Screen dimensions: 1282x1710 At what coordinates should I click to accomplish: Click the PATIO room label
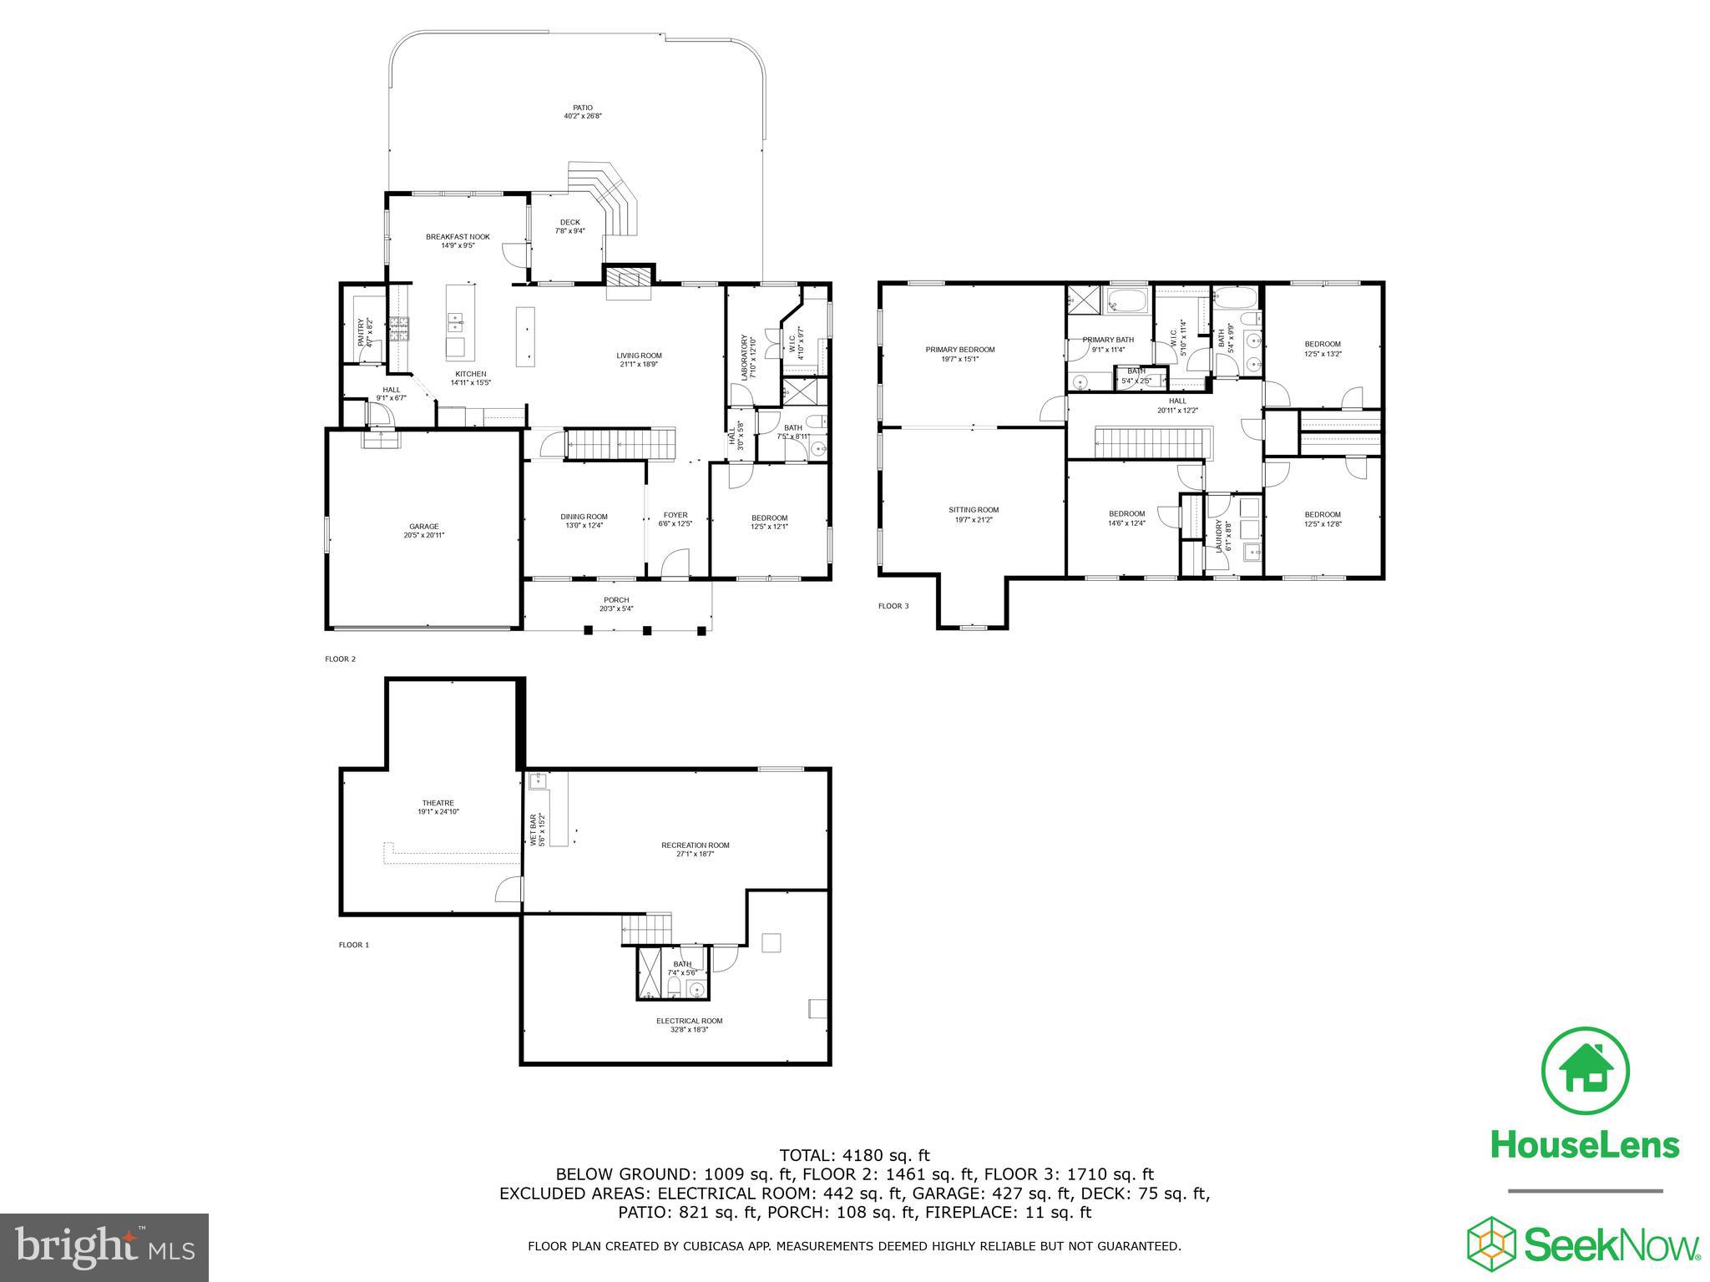click(582, 108)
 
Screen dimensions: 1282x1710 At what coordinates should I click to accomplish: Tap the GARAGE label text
click(423, 527)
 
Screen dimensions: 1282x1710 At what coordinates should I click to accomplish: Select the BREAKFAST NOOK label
click(458, 237)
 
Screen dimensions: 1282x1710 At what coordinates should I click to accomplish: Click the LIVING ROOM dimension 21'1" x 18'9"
click(640, 365)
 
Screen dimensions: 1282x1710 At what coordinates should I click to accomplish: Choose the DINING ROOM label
click(584, 517)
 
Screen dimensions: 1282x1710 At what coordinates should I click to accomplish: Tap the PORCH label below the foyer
click(616, 600)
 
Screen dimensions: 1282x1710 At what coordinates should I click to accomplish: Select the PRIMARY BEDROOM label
click(959, 350)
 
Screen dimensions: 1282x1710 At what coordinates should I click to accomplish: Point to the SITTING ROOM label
click(973, 510)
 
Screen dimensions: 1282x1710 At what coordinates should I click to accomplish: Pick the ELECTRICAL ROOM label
click(689, 1021)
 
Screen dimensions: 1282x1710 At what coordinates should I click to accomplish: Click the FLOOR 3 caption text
click(893, 606)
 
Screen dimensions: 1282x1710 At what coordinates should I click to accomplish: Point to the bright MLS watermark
click(104, 1247)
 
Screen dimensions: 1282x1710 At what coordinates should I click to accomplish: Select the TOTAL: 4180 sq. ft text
click(853, 1156)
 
